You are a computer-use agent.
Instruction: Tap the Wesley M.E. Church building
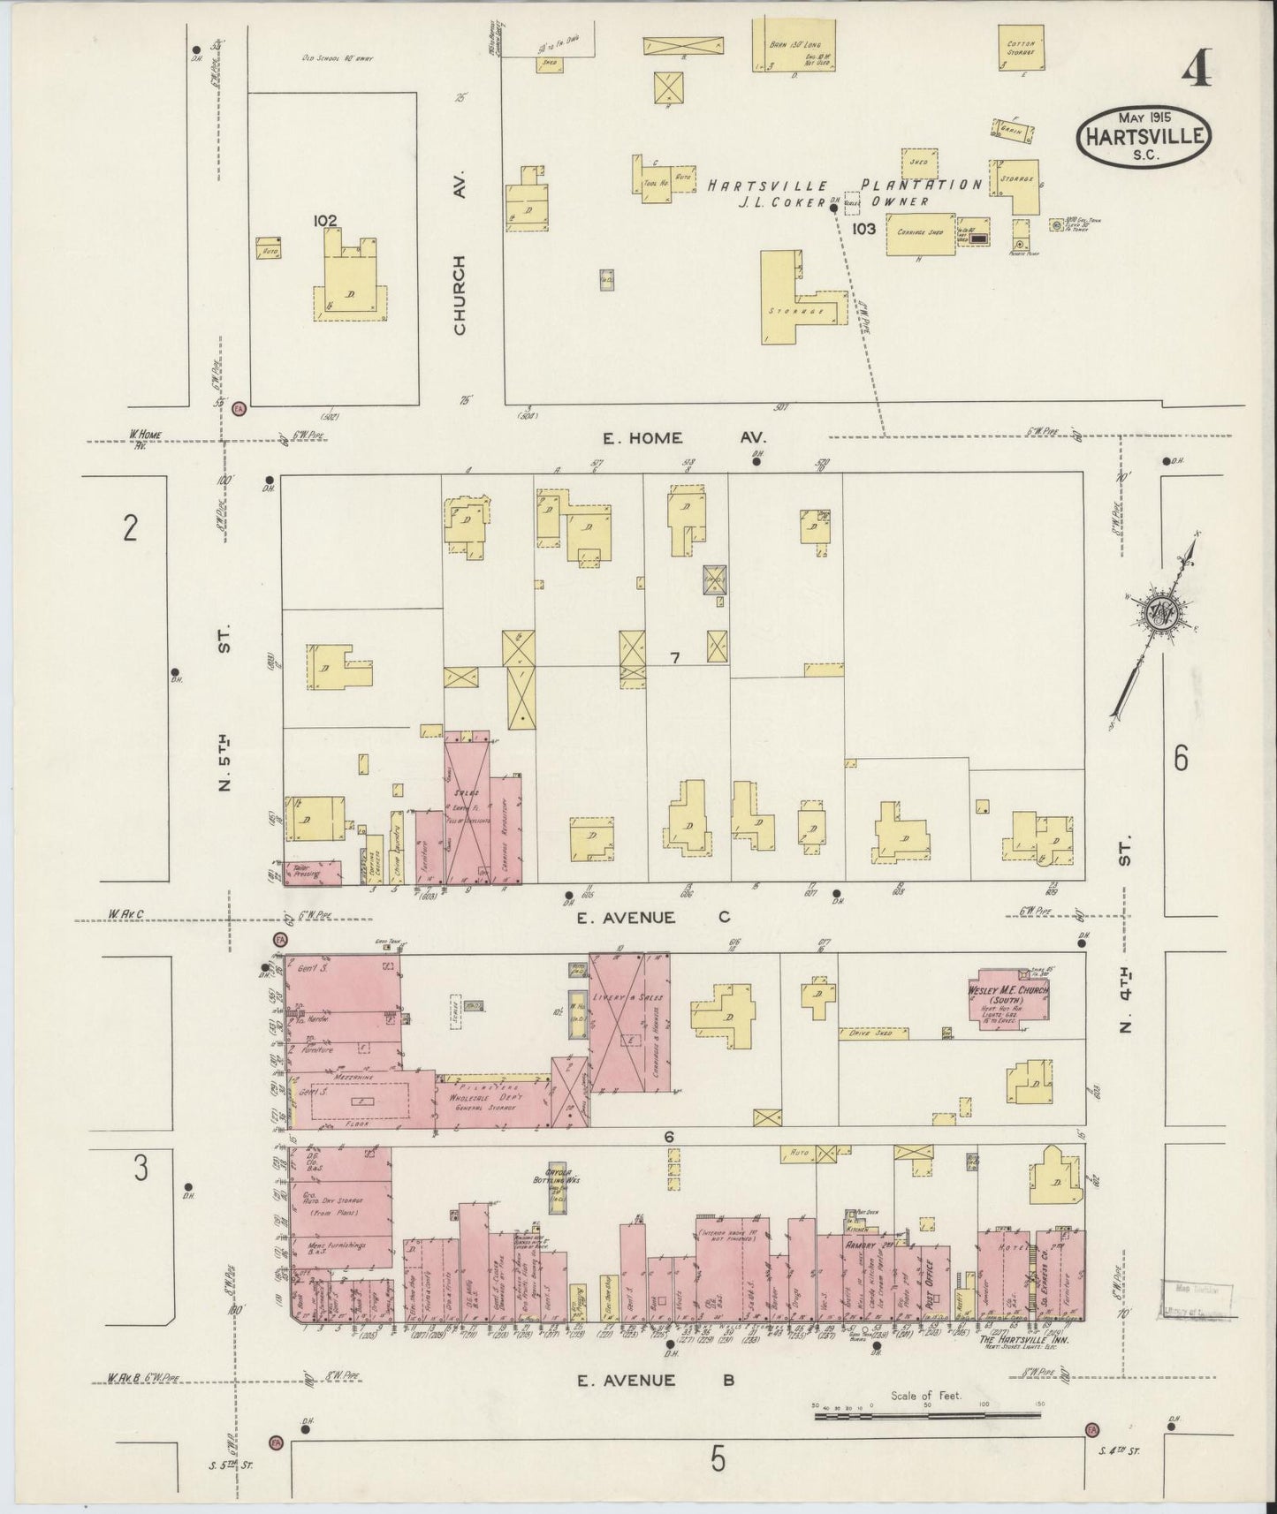(1010, 997)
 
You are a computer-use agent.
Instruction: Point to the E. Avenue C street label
(652, 918)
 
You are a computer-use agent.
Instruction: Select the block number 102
(326, 221)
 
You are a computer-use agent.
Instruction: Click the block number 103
(863, 229)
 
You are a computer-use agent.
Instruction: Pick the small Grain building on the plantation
(1010, 129)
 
